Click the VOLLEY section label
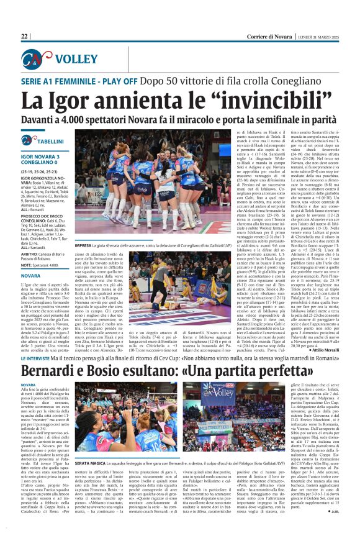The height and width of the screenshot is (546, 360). pos(75,60)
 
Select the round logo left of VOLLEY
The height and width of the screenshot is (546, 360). pos(37,60)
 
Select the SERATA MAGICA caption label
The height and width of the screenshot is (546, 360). pos(91,463)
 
